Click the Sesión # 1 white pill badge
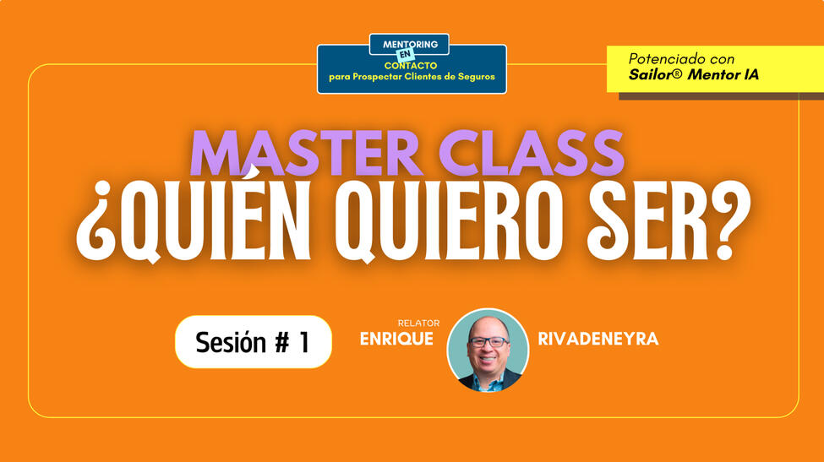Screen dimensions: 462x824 coord(253,342)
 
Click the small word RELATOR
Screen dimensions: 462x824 coord(418,323)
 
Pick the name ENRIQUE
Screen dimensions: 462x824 coord(396,340)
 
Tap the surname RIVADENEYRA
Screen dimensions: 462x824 coord(598,340)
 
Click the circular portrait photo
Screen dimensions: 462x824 coord(488,350)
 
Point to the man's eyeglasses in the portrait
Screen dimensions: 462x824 coord(488,342)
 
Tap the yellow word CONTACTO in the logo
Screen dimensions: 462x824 coord(412,65)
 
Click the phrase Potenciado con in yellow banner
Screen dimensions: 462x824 coord(681,59)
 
